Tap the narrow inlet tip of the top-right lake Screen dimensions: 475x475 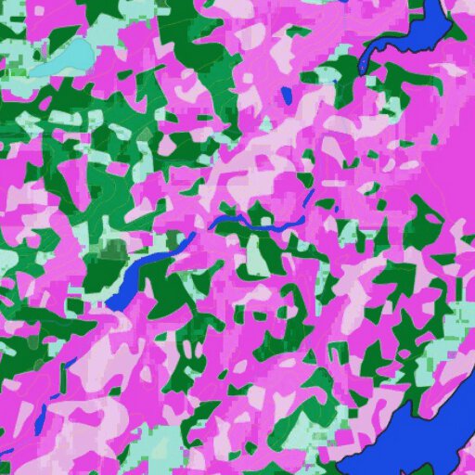[x=363, y=70]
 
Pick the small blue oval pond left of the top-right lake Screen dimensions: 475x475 [x=287, y=95]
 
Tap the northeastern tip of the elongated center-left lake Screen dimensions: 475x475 [x=192, y=236]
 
